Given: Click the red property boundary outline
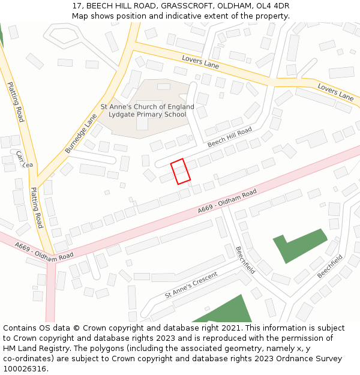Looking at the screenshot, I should (x=181, y=171).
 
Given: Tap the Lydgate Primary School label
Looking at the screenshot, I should (x=147, y=114).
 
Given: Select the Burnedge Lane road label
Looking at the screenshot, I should (x=81, y=134).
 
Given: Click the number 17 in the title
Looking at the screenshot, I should (x=76, y=6).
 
